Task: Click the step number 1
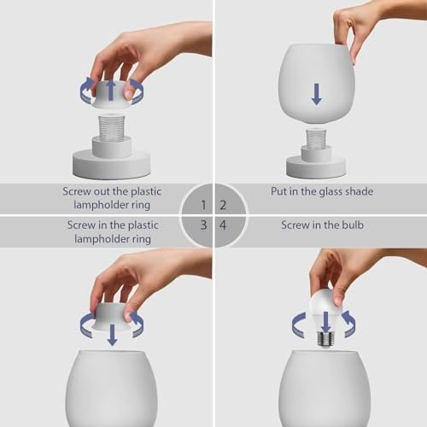point(202,205)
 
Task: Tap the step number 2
point(224,205)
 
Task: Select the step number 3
point(202,225)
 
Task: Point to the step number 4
point(224,225)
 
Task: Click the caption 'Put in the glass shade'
point(318,191)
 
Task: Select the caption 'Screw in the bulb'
point(318,225)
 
